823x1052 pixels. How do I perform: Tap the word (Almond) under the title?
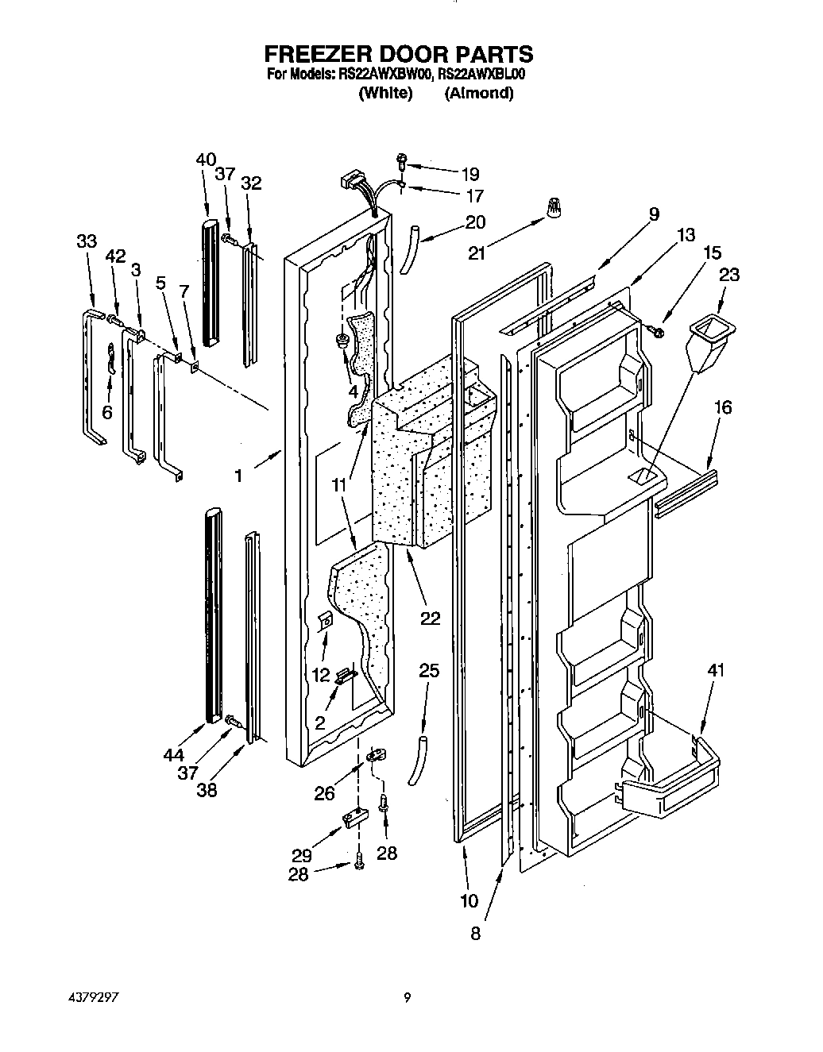click(x=478, y=93)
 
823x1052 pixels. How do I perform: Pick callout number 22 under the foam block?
click(x=430, y=618)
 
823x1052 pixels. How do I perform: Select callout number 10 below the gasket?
click(x=469, y=900)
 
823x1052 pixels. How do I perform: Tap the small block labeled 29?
click(x=354, y=817)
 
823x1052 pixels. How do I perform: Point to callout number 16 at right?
click(x=722, y=408)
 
